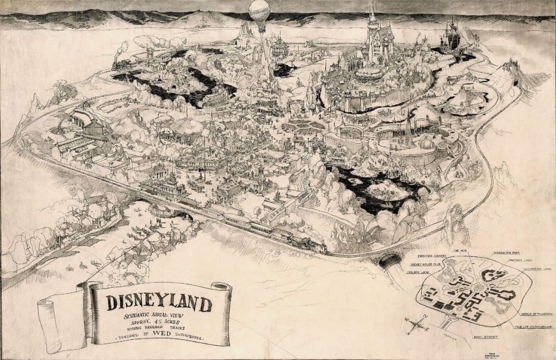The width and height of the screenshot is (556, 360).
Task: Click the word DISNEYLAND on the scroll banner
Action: click(159, 304)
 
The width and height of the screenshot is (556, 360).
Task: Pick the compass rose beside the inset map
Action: click(418, 325)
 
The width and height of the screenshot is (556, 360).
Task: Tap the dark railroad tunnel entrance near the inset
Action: click(389, 260)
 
